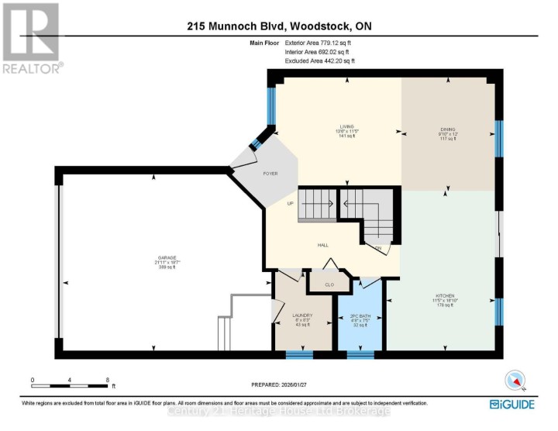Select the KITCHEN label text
click(x=443, y=295)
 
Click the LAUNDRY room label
click(x=302, y=315)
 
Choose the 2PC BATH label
click(x=361, y=315)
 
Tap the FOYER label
click(x=269, y=174)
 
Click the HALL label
click(x=322, y=245)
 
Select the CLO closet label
click(x=329, y=284)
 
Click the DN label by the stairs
click(x=378, y=248)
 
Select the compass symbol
click(x=515, y=379)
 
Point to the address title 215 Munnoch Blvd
click(x=278, y=26)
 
